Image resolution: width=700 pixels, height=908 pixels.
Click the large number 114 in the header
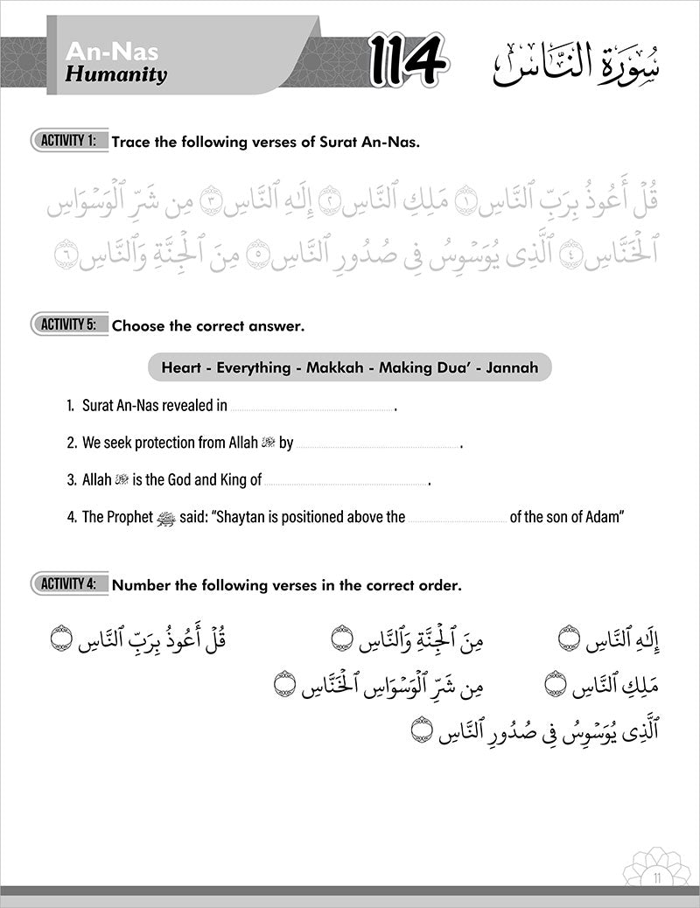[x=408, y=62]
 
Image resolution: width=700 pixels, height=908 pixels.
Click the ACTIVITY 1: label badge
[x=70, y=140]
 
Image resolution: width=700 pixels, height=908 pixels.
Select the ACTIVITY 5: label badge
[x=70, y=325]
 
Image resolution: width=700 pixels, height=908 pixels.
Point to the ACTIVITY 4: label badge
[x=70, y=583]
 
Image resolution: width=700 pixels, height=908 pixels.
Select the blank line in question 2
[x=377, y=446]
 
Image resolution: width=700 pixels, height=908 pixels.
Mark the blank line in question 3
[x=347, y=483]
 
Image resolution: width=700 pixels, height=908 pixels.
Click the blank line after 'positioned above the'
[x=458, y=520]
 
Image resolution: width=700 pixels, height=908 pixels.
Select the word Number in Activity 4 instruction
[x=141, y=584]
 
